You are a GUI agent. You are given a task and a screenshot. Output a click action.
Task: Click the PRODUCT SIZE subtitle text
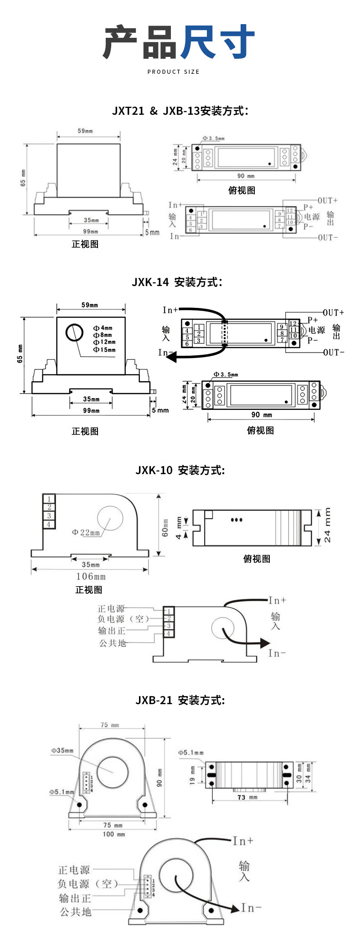click(173, 72)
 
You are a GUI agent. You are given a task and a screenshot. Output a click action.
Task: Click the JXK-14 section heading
click(177, 282)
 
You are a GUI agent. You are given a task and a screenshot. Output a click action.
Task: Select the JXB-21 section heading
click(180, 700)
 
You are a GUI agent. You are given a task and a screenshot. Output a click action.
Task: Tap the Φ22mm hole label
click(86, 532)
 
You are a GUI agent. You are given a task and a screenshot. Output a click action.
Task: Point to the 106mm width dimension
click(91, 577)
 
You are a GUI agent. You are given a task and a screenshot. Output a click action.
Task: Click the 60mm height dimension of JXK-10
click(165, 527)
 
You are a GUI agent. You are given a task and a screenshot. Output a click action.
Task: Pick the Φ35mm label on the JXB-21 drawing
click(62, 751)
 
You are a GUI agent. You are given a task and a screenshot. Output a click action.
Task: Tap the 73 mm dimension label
click(247, 797)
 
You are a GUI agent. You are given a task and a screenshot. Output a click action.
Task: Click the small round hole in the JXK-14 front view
click(74, 332)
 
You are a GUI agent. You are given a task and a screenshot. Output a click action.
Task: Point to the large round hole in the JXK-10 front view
click(110, 519)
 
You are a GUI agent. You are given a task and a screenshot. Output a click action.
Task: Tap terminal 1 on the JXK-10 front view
click(49, 499)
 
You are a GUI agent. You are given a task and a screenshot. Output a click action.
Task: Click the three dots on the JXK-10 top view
click(237, 520)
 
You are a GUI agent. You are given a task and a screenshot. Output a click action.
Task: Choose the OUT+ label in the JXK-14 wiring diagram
click(333, 313)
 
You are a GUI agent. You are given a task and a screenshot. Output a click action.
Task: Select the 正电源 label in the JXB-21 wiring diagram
click(74, 870)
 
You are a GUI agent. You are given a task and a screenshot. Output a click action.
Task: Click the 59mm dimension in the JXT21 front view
click(85, 131)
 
